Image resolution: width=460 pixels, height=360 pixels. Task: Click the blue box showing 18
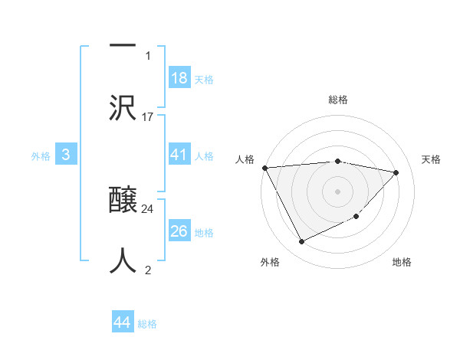[179, 78]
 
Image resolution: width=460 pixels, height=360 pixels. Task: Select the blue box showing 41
[179, 155]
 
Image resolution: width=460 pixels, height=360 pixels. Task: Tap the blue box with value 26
[179, 231]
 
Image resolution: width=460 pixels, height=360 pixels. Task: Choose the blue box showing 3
[66, 155]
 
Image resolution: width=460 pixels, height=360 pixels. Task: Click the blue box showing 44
[123, 322]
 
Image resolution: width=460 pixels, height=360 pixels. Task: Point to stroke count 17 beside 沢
[148, 116]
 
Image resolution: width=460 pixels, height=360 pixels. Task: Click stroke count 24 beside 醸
[148, 208]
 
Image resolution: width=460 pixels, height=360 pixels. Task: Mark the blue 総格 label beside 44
[147, 324]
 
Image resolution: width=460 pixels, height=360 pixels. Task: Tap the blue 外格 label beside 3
[41, 156]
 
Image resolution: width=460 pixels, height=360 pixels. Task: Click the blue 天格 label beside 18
[203, 80]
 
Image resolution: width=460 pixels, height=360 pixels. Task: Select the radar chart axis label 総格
[337, 100]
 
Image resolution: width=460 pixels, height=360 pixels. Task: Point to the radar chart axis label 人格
[245, 159]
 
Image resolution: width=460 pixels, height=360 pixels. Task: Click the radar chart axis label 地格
[402, 262]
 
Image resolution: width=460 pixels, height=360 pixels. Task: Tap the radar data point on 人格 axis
[264, 168]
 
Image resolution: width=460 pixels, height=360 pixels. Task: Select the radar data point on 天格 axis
[396, 172]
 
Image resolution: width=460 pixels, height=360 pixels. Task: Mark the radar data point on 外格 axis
[301, 242]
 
